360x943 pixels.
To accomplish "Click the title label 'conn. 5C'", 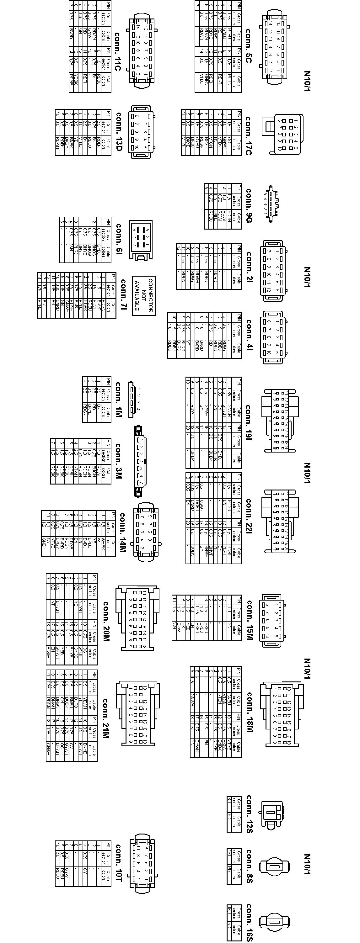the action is [x=248, y=46].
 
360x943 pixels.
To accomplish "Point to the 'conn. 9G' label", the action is [x=249, y=206].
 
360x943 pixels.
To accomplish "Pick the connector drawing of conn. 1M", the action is [x=132, y=400].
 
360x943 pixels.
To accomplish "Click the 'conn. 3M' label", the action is [x=118, y=461].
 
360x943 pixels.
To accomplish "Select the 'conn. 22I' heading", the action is [x=249, y=516].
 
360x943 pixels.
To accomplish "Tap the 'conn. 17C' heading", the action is [x=248, y=136].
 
